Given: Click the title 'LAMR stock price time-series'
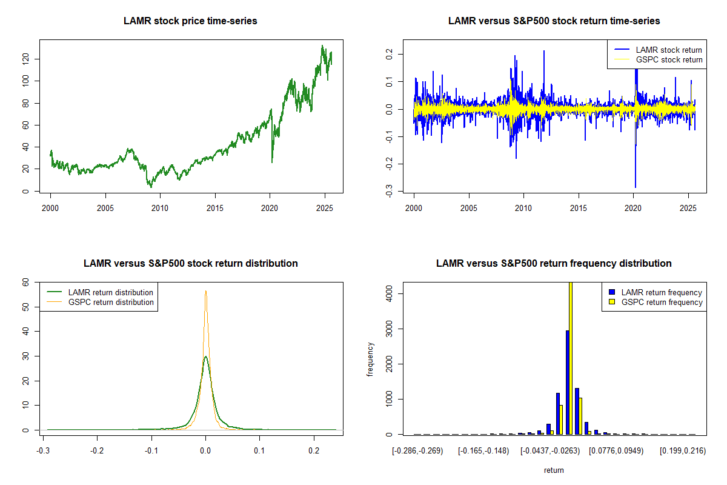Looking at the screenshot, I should coord(190,21).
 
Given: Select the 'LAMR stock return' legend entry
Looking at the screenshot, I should coord(669,50).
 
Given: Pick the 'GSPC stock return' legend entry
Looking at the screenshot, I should coord(669,59).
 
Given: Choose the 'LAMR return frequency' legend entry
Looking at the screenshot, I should coord(662,292).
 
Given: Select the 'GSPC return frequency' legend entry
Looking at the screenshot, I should coord(662,302).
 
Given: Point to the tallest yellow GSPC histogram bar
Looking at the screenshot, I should coord(570,358).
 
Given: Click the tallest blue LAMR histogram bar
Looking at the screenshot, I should coord(567,382).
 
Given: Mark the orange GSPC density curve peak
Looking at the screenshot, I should coord(206,292).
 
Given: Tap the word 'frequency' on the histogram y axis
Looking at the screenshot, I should coord(370,360).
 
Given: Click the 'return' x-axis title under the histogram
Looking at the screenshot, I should coord(554,470).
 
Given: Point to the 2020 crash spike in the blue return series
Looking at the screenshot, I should coord(635,182).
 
